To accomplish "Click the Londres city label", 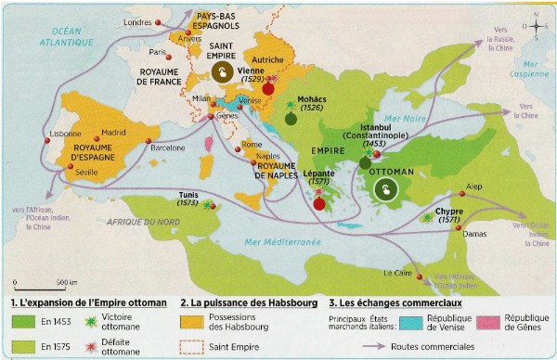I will tap(136, 21).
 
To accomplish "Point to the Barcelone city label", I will tap(169, 147).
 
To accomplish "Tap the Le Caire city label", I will tap(397, 273).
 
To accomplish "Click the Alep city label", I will tap(474, 185).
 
